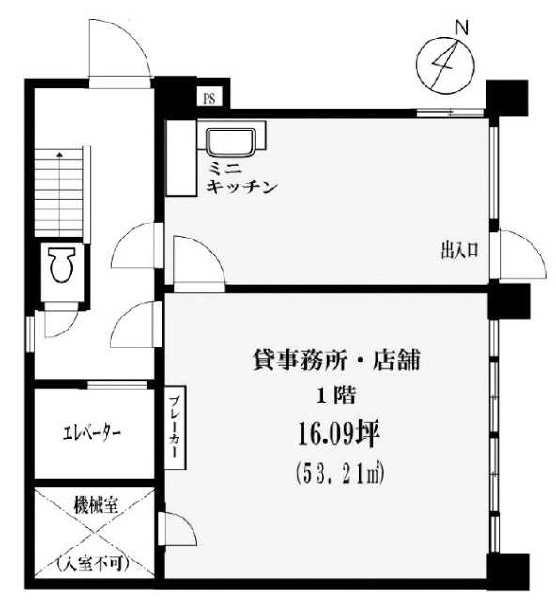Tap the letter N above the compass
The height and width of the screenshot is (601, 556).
pyautogui.click(x=461, y=28)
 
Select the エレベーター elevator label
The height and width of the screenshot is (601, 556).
pyautogui.click(x=91, y=434)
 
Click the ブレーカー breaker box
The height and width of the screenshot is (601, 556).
pyautogui.click(x=176, y=426)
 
